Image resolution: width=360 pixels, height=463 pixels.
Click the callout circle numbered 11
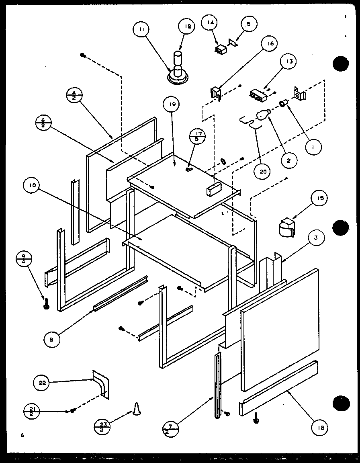[143, 29]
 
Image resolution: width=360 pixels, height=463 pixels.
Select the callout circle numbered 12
[187, 27]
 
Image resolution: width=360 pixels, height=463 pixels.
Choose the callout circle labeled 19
[172, 105]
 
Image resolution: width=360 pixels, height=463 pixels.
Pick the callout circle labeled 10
[33, 186]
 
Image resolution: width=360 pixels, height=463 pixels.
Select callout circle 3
[316, 238]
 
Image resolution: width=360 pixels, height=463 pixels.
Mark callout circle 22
[43, 383]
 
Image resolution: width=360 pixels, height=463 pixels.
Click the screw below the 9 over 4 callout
[46, 305]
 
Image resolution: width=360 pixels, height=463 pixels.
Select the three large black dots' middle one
[340, 228]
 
